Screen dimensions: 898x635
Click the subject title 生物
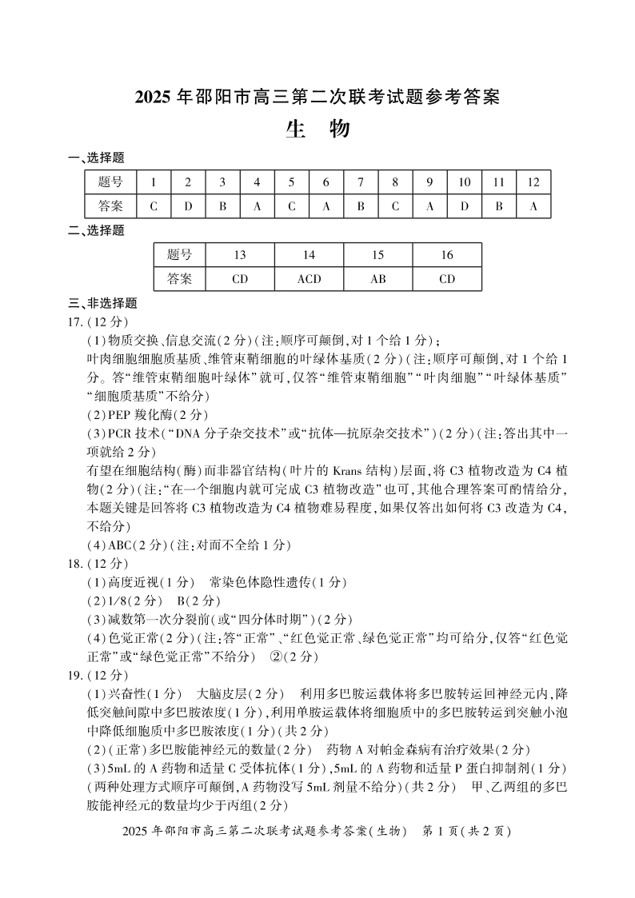[x=317, y=130]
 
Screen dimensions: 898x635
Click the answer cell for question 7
[x=361, y=206]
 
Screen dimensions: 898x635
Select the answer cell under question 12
[x=533, y=206]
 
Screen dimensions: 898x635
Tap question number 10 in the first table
[x=464, y=182]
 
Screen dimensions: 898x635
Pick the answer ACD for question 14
[x=309, y=279]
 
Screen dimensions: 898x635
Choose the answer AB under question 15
[x=378, y=279]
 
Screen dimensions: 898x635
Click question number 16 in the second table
[x=447, y=255]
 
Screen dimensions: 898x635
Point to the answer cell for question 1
[x=154, y=206]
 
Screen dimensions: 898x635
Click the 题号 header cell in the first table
[x=110, y=182]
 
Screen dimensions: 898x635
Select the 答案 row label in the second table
[x=180, y=279]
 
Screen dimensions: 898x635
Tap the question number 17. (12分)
[x=99, y=321]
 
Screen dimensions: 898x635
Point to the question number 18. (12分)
[x=99, y=564]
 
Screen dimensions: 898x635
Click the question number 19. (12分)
[x=99, y=675]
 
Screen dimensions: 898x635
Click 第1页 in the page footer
[x=442, y=832]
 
